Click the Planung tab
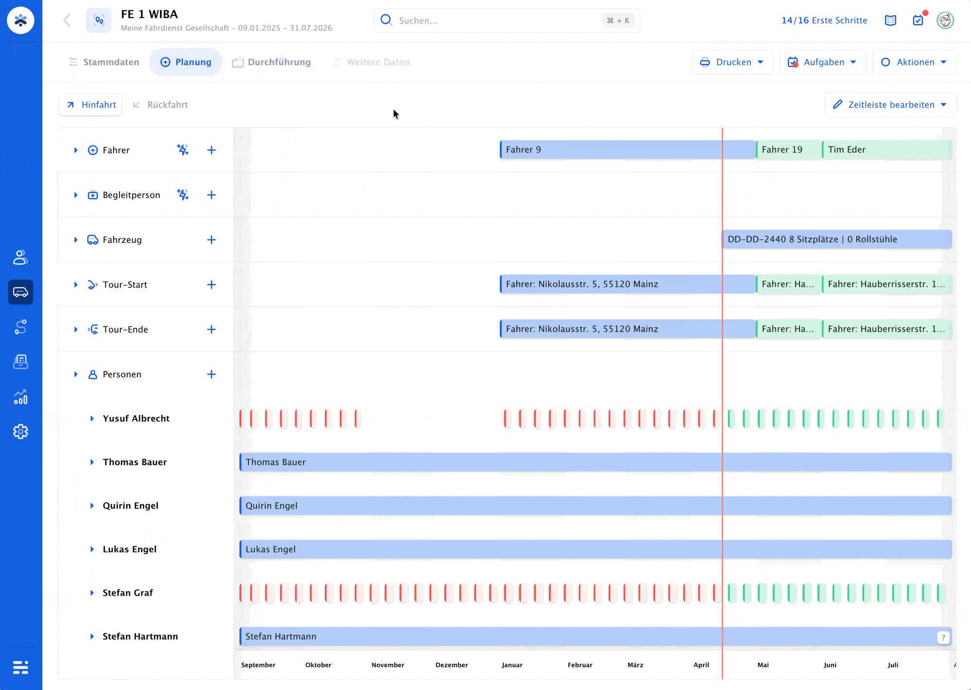click(186, 62)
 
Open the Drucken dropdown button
click(732, 62)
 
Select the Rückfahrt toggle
click(160, 105)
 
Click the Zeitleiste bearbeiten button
click(890, 105)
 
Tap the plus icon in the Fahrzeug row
click(211, 240)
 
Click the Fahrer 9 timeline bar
click(628, 150)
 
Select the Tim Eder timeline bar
click(887, 150)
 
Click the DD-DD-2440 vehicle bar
click(837, 239)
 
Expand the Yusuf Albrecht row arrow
click(92, 419)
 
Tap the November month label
click(388, 665)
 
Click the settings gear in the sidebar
click(20, 431)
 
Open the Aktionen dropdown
click(914, 62)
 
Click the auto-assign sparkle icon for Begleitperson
click(183, 195)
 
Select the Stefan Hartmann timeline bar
click(595, 637)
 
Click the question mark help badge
click(943, 638)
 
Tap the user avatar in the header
click(945, 20)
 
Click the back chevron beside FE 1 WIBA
click(67, 20)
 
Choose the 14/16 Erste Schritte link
click(824, 20)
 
